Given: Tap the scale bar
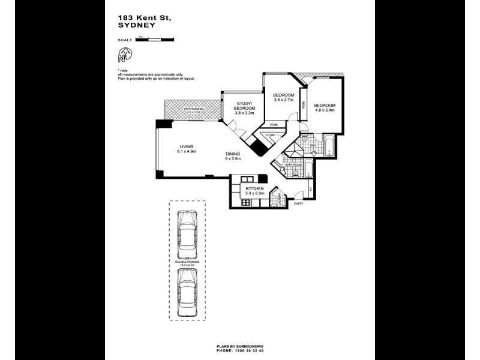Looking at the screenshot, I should [x=155, y=40].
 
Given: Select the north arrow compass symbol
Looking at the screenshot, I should [x=124, y=56].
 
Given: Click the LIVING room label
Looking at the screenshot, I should [x=187, y=149].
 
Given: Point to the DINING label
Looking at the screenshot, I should [x=232, y=154].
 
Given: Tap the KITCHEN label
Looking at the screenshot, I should [x=255, y=189].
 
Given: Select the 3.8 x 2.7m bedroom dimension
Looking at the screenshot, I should [x=283, y=100].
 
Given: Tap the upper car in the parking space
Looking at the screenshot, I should [x=187, y=233].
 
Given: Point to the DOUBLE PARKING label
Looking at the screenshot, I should [x=187, y=262].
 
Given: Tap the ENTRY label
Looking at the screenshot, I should [x=298, y=204].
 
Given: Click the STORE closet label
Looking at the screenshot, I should [x=270, y=135].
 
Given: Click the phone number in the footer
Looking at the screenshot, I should [x=239, y=351].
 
